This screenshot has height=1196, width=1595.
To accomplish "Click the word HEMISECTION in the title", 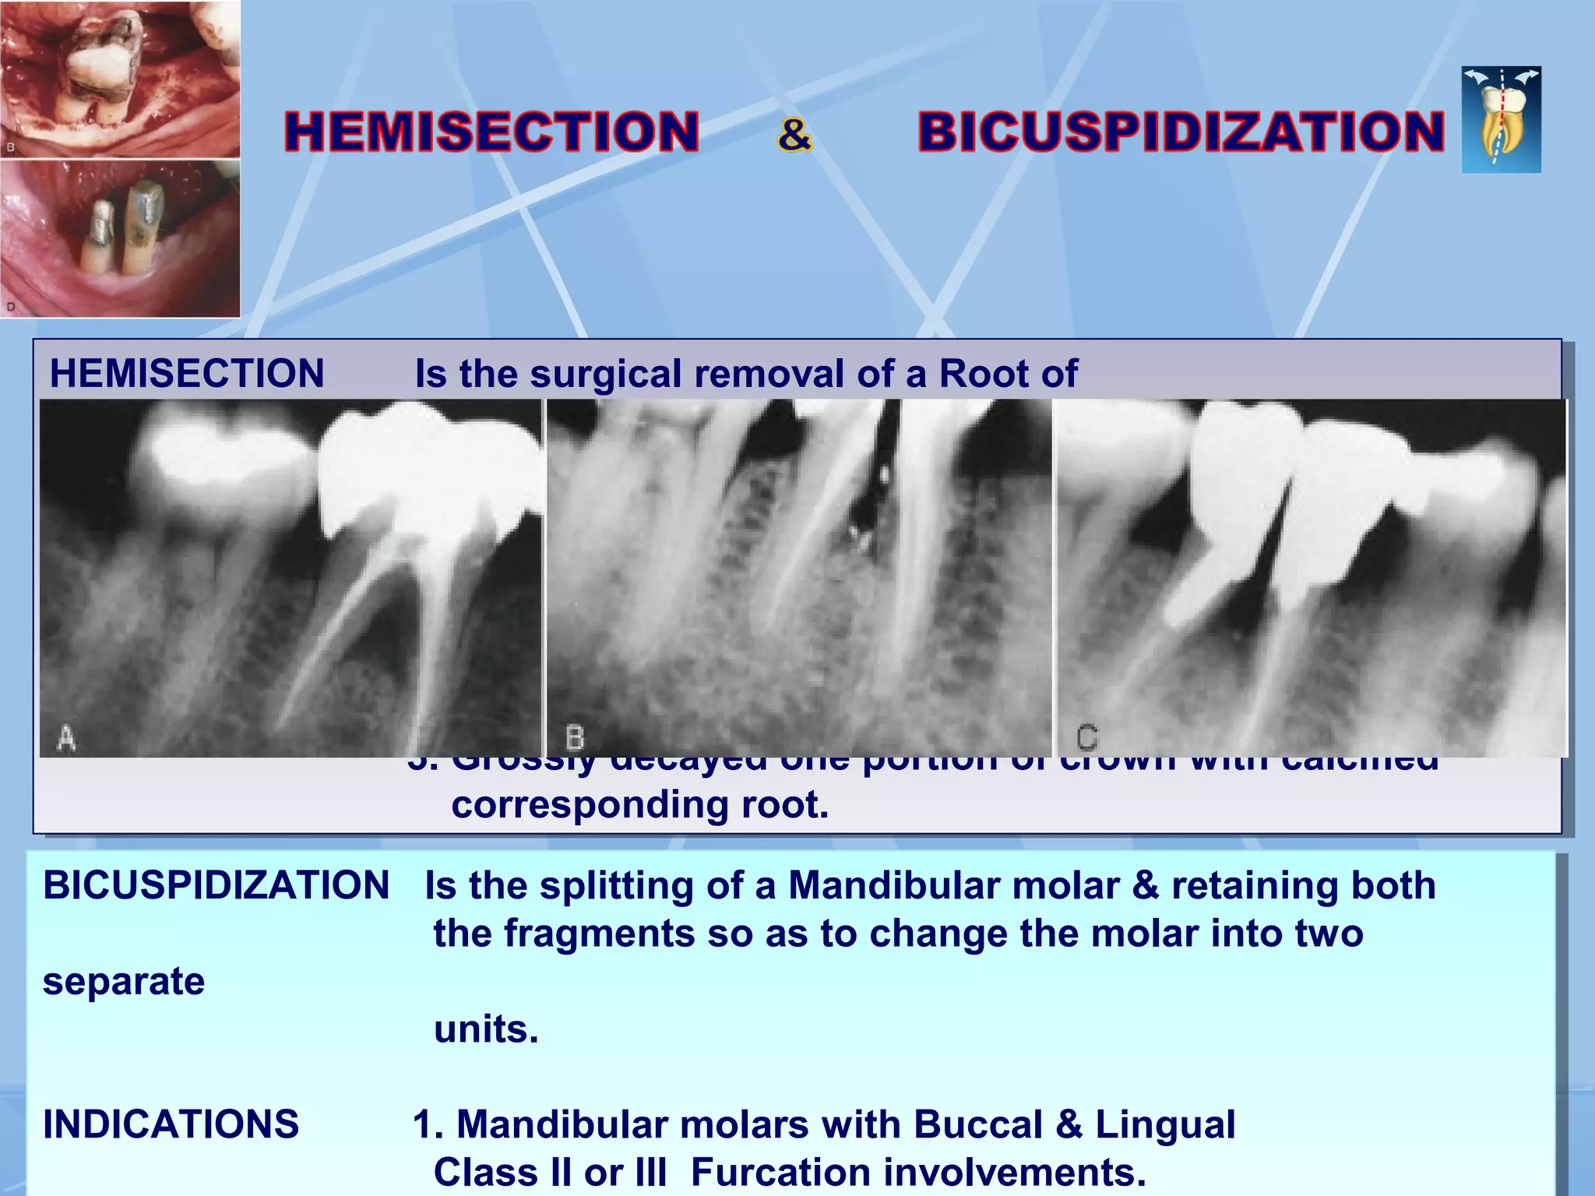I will click(491, 132).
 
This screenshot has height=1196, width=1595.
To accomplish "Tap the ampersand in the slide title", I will click(794, 134).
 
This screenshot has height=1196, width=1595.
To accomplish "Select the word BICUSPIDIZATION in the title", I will click(1181, 132).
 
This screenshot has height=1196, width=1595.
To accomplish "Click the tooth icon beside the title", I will click(1501, 119).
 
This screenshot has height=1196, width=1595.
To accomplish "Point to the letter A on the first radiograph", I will click(67, 737).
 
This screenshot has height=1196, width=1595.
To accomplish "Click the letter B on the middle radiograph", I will click(575, 737).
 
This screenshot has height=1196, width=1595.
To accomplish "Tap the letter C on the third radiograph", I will click(1087, 737).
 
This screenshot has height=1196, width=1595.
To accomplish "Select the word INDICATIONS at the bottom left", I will click(171, 1124).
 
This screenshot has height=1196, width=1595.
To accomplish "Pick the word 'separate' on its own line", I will click(124, 981).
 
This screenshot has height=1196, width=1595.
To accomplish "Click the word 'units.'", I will click(486, 1029).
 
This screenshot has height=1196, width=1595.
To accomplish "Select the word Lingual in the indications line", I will click(1165, 1124).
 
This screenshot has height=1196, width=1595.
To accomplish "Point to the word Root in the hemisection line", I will click(984, 374).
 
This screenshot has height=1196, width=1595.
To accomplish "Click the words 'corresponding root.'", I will click(640, 805).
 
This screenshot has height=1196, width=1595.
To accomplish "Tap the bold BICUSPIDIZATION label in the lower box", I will click(216, 885).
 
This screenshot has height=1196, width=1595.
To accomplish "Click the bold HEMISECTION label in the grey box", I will click(187, 374).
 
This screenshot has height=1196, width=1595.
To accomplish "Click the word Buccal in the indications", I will click(977, 1124).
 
